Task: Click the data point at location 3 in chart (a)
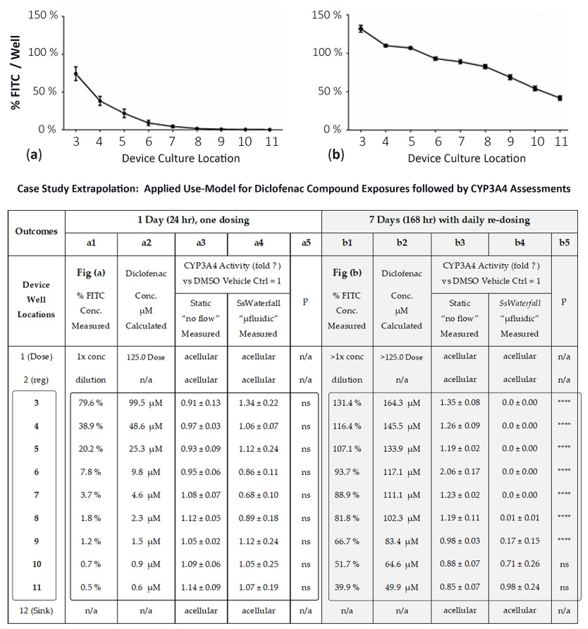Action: [x=76, y=74]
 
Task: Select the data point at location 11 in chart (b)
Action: [x=560, y=98]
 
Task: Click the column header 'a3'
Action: [x=201, y=243]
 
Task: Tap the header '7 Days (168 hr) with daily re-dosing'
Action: [x=449, y=220]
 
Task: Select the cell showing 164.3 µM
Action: [x=402, y=403]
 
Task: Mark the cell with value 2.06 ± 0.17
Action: [x=459, y=472]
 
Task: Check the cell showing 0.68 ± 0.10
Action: [x=258, y=495]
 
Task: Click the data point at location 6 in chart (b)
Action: [x=436, y=58]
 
